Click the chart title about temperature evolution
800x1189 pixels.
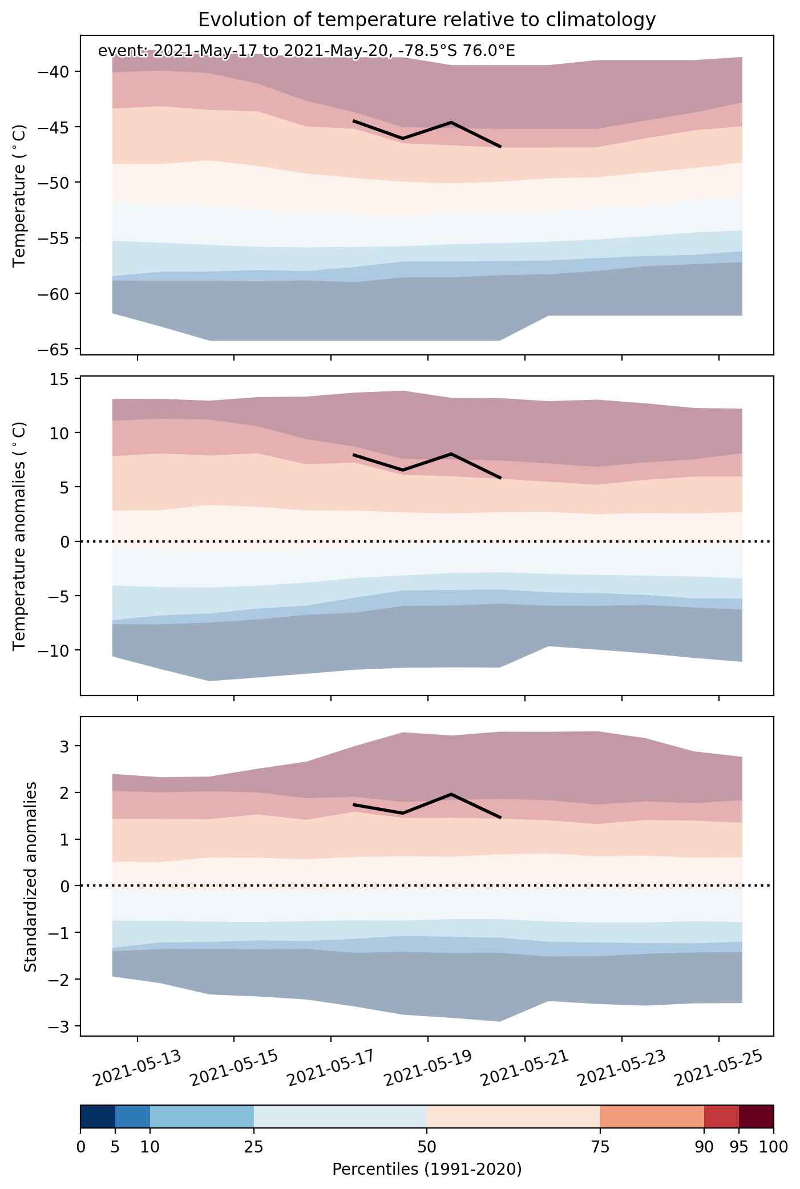click(x=427, y=20)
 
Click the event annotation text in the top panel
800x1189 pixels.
click(x=306, y=51)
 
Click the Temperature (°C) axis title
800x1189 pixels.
click(x=20, y=195)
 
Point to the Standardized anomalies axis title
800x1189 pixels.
click(x=30, y=876)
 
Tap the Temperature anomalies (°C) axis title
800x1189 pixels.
click(x=20, y=536)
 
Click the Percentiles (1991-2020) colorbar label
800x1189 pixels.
click(x=427, y=1170)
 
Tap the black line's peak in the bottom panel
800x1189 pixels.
click(x=451, y=794)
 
